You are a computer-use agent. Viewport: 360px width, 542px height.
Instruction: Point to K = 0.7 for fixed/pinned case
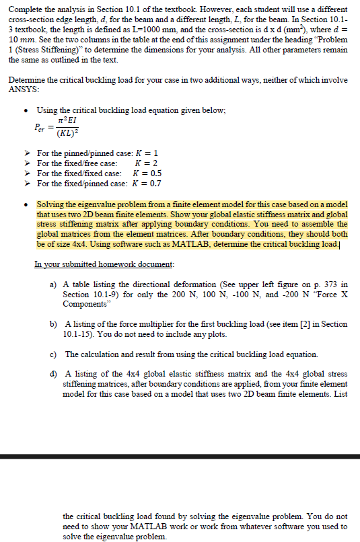(146, 183)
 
